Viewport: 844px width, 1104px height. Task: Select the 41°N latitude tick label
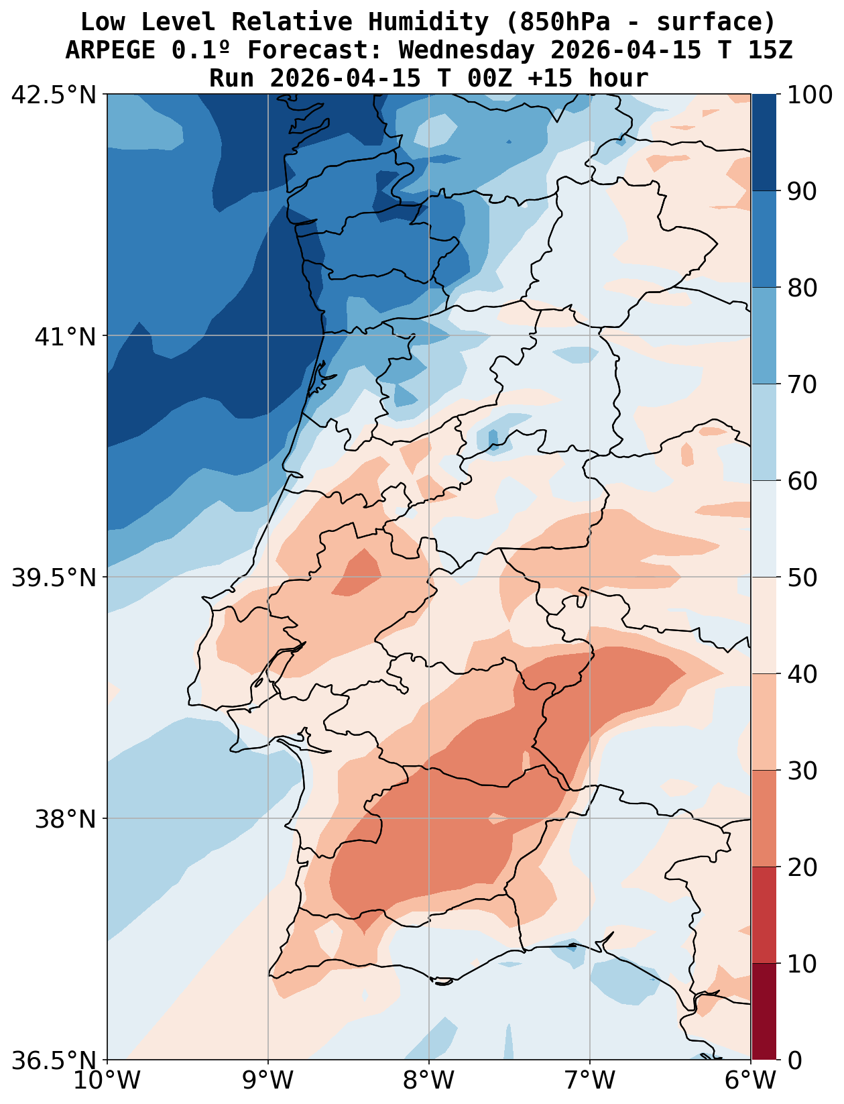click(x=66, y=337)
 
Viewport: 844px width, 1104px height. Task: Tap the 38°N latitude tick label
click(x=66, y=820)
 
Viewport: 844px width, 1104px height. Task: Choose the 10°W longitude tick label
click(x=107, y=1081)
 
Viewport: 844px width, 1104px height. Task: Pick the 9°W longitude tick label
click(x=268, y=1081)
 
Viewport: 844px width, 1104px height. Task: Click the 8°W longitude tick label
click(x=429, y=1081)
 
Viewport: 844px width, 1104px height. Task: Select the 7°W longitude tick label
click(x=590, y=1081)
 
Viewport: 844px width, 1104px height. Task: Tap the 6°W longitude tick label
click(x=751, y=1081)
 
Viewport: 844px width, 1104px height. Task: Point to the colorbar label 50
click(x=802, y=578)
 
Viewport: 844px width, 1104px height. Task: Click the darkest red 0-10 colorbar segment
click(x=764, y=1012)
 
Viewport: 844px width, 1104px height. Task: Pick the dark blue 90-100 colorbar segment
click(x=764, y=142)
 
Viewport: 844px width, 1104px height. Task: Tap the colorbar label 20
click(x=802, y=868)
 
